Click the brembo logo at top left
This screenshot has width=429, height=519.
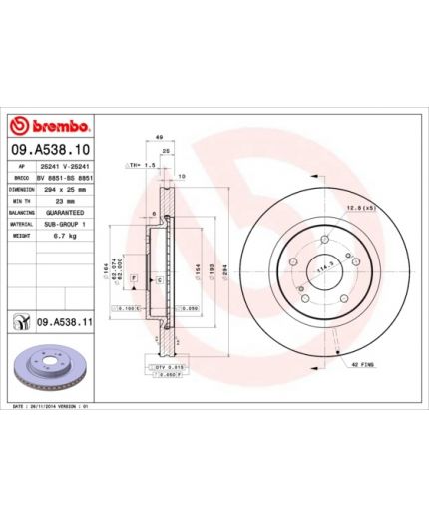50,128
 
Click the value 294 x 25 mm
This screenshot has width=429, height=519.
68,189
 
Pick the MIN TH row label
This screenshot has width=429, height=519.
23,201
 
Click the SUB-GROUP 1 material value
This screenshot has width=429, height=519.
68,225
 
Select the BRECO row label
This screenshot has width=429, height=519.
22,177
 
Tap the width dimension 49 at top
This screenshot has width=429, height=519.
159,139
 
